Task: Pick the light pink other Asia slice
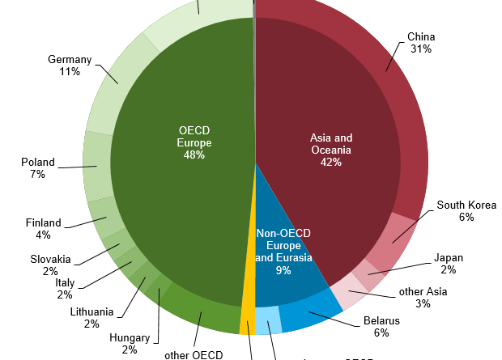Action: tap(347, 290)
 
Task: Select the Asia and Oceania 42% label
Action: tap(331, 150)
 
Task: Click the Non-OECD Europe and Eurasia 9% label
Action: tap(284, 252)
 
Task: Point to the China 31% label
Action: tap(421, 43)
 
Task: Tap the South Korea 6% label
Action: tap(466, 211)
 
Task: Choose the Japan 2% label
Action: tap(449, 264)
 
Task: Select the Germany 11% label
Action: tap(69, 66)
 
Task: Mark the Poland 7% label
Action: tap(38, 168)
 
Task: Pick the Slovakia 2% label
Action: tap(51, 265)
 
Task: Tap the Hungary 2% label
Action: tap(129, 344)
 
